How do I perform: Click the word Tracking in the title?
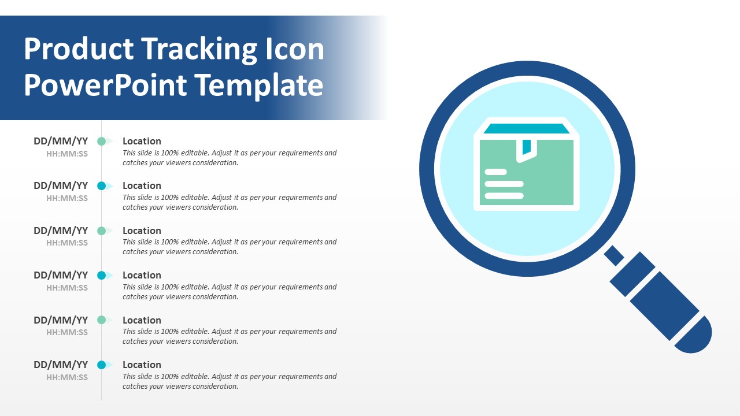[x=199, y=50]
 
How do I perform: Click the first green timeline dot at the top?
[x=101, y=142]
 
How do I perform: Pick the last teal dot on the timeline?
[x=101, y=365]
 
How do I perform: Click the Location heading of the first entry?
[x=142, y=142]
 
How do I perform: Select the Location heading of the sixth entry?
[x=142, y=365]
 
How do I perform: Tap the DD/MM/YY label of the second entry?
[x=61, y=186]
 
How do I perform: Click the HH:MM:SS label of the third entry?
[x=67, y=243]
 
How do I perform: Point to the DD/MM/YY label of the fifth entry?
[x=61, y=320]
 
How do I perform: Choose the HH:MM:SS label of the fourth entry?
[x=67, y=288]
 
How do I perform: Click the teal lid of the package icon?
[x=527, y=128]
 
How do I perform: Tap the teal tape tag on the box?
[x=527, y=147]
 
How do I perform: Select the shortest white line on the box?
[x=495, y=172]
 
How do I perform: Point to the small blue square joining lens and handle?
[x=614, y=255]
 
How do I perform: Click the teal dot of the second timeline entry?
[x=101, y=186]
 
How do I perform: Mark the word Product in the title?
[x=79, y=49]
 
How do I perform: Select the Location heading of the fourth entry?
[x=142, y=276]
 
